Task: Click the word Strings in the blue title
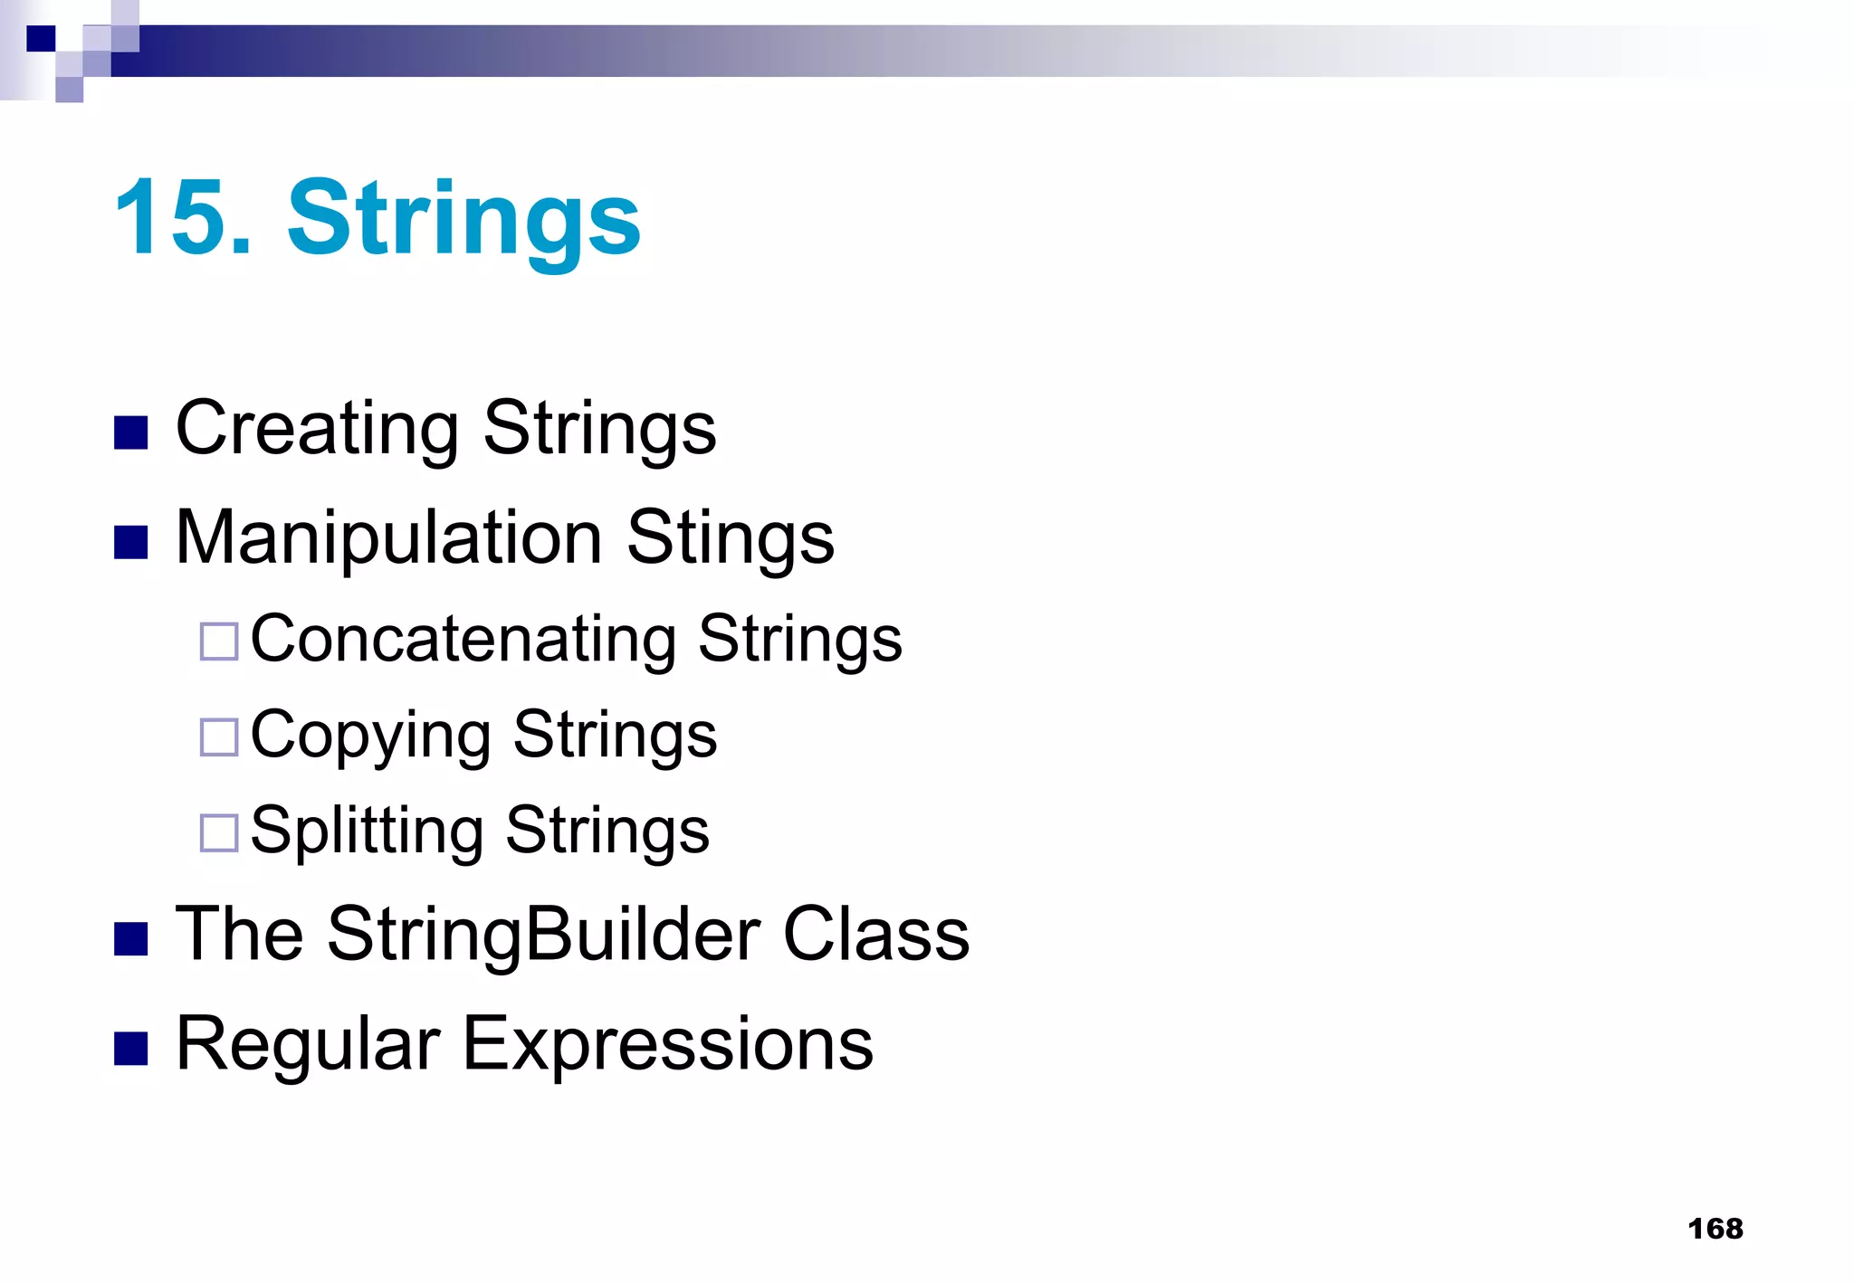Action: [463, 220]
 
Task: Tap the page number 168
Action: [1715, 1229]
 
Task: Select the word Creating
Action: [317, 429]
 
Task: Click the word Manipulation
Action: [389, 539]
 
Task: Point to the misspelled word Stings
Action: [730, 539]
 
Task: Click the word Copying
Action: [370, 736]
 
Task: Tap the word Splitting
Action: [367, 832]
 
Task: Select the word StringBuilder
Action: [543, 934]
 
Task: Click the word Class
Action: [875, 934]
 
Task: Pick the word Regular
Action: [308, 1044]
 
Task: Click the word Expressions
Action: [668, 1044]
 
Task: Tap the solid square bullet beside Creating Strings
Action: [131, 433]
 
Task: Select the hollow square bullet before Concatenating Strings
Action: [219, 641]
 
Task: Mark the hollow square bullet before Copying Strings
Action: [219, 737]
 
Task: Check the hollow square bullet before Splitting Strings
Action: [219, 832]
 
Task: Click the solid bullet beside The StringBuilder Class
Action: [131, 939]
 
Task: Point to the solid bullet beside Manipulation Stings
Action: [131, 543]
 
